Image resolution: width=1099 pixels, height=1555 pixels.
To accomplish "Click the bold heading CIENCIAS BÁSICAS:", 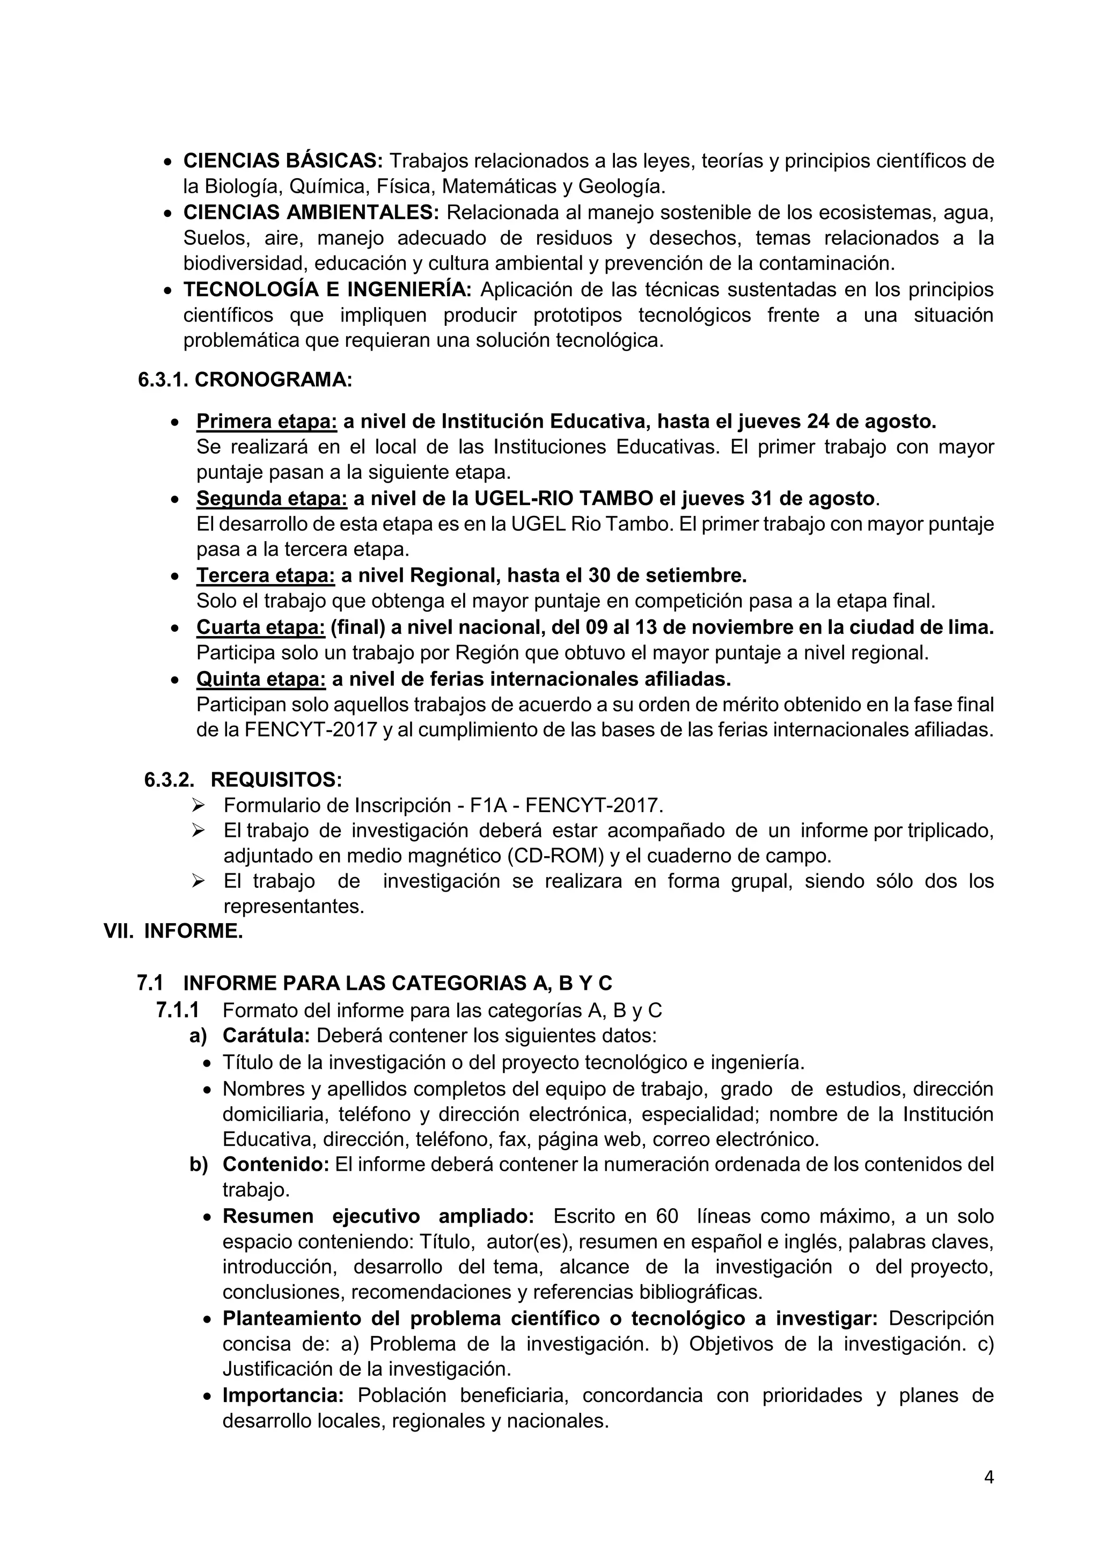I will coord(283,161).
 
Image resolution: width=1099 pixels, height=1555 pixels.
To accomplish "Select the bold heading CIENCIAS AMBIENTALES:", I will coord(311,213).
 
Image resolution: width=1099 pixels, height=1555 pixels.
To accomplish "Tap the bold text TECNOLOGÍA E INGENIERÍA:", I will coord(328,290).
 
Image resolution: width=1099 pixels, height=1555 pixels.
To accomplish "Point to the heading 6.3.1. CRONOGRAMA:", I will coord(245,380).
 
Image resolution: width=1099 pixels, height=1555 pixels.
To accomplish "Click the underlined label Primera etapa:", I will coord(267,422).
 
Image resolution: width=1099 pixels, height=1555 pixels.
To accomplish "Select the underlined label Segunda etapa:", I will coord(272,499).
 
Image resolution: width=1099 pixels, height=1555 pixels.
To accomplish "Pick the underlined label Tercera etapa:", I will coord(266,575).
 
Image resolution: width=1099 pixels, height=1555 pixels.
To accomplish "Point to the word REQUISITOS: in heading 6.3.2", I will coord(276,779).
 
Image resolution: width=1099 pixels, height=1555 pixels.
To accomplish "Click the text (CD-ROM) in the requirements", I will coord(555,856).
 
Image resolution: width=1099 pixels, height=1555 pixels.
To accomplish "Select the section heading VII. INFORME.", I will coord(173,931).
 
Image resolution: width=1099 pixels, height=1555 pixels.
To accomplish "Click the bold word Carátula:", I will coord(266,1035).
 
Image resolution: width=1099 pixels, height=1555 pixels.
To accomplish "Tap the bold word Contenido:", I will coord(276,1164).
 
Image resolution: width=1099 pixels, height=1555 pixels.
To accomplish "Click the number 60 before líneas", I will coord(667,1216).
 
